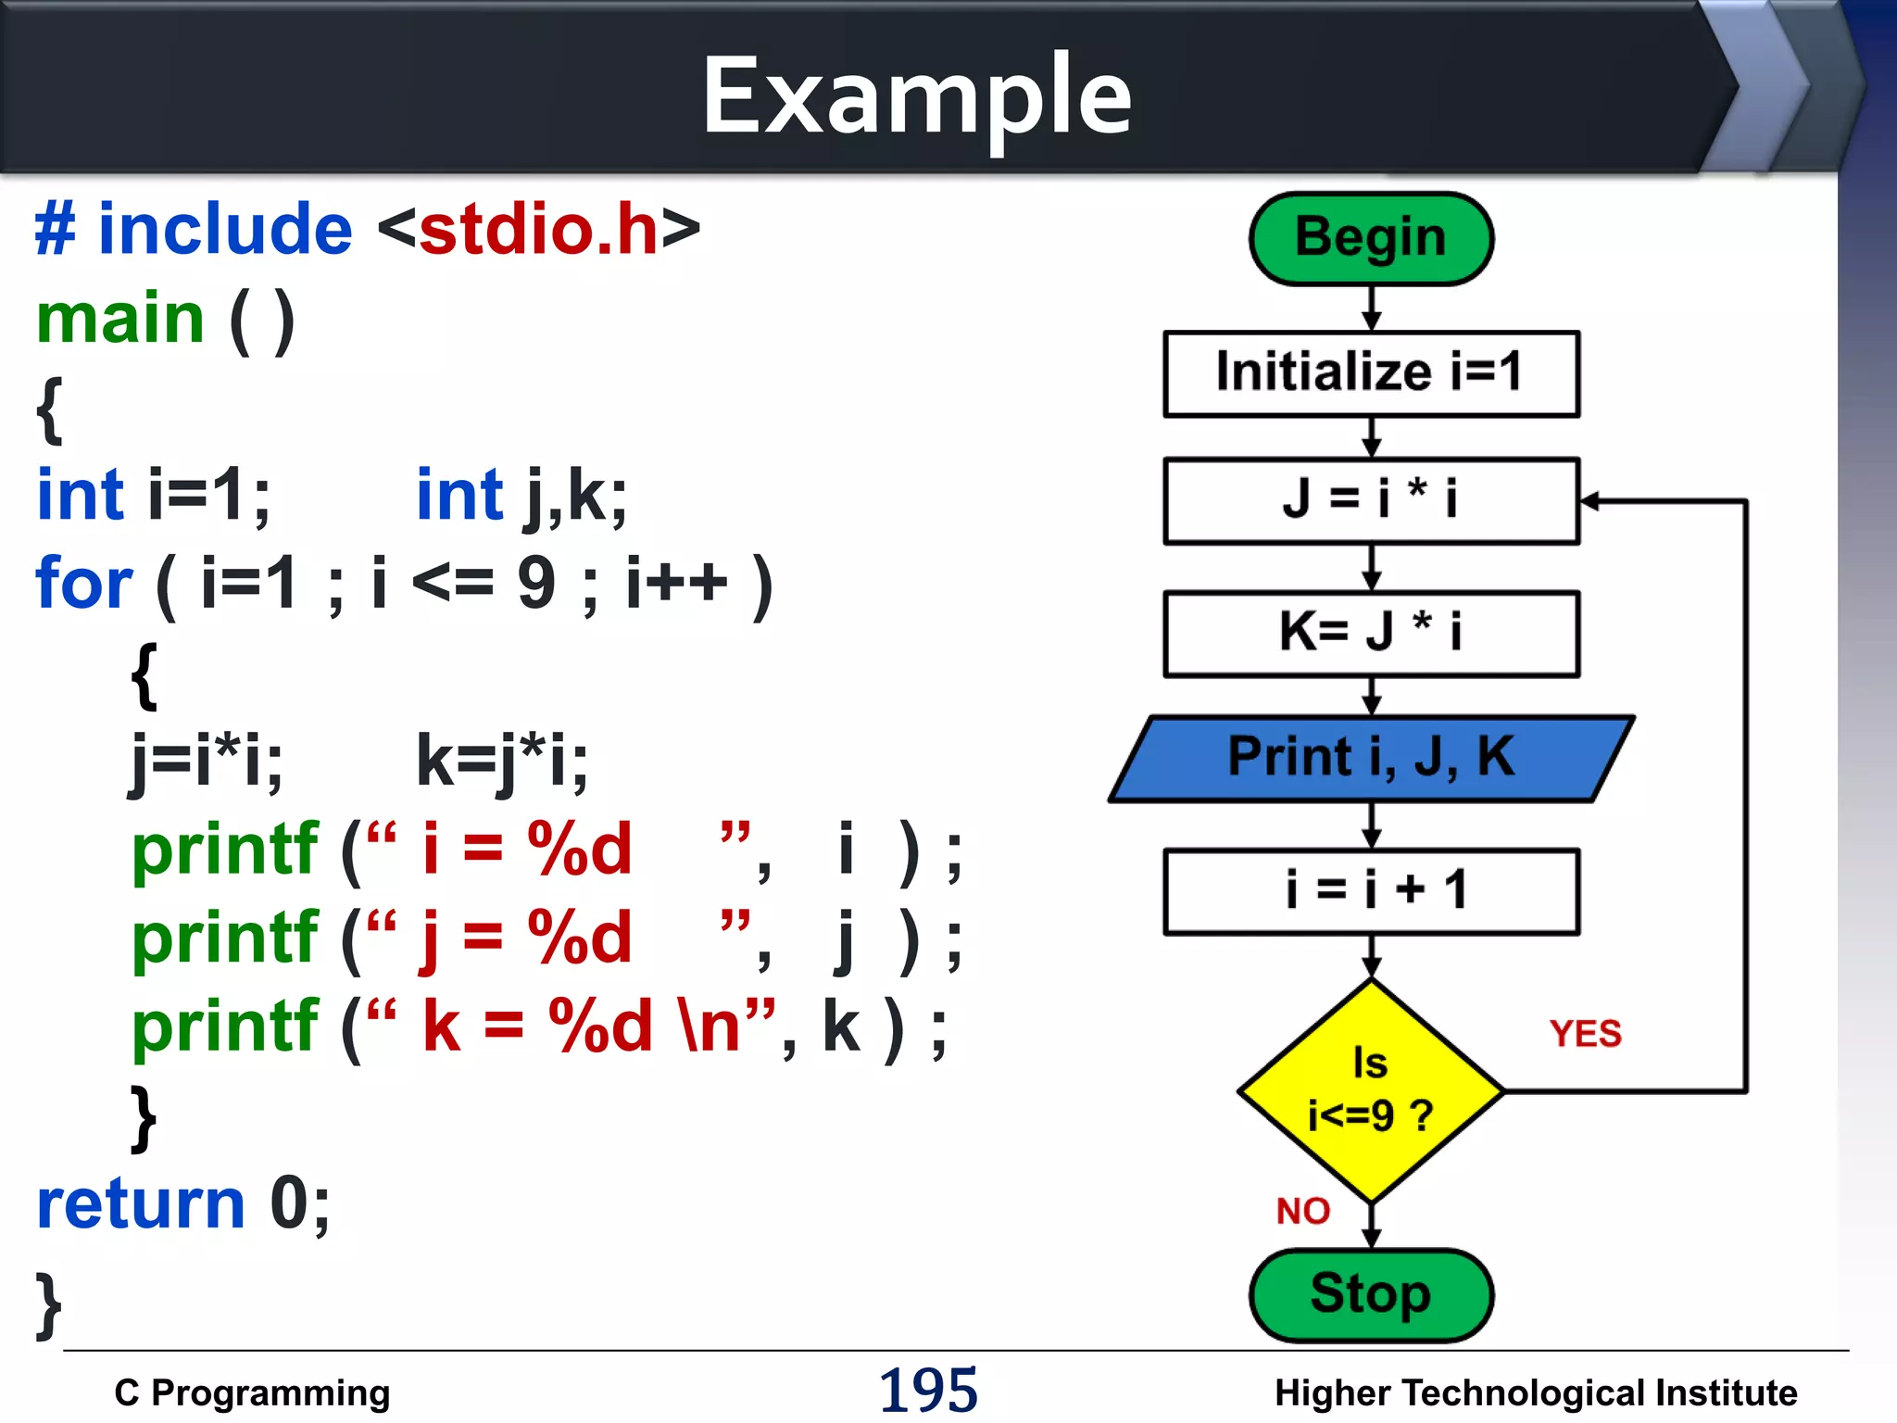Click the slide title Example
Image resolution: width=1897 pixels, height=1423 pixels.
point(917,95)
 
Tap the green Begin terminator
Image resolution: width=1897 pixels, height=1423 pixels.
point(1371,238)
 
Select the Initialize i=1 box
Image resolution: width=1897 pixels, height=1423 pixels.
point(1371,373)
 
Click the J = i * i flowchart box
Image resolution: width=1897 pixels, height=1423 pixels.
point(1371,500)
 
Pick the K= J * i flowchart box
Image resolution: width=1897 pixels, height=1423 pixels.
point(1371,634)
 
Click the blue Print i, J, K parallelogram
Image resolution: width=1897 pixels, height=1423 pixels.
point(1371,758)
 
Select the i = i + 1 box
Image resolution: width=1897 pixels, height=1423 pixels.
point(1371,891)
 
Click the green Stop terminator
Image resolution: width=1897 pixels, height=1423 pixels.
point(1371,1294)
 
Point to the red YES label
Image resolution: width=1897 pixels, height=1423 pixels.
point(1585,1034)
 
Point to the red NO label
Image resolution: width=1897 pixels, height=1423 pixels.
point(1302,1211)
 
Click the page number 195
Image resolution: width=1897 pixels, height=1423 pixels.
point(928,1390)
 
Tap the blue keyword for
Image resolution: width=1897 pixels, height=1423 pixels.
point(84,583)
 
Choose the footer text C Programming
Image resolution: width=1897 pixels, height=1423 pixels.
point(252,1392)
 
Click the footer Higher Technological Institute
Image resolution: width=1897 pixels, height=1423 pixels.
point(1535,1392)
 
